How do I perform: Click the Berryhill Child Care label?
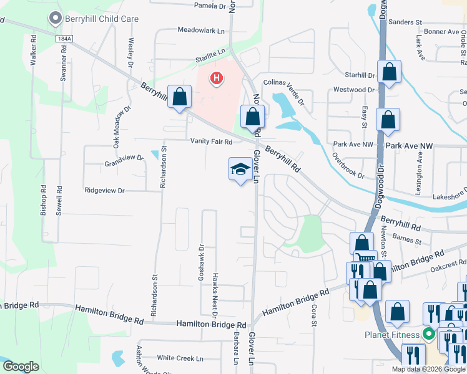click(x=102, y=19)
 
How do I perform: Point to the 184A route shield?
click(x=64, y=39)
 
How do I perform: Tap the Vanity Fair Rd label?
click(x=212, y=141)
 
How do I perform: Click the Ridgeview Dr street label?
click(x=105, y=190)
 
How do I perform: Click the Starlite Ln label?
click(x=211, y=52)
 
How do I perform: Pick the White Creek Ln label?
click(x=180, y=358)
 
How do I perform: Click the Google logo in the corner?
click(x=21, y=367)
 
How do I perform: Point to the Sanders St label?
click(x=406, y=22)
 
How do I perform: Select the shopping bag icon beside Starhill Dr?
click(x=390, y=72)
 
